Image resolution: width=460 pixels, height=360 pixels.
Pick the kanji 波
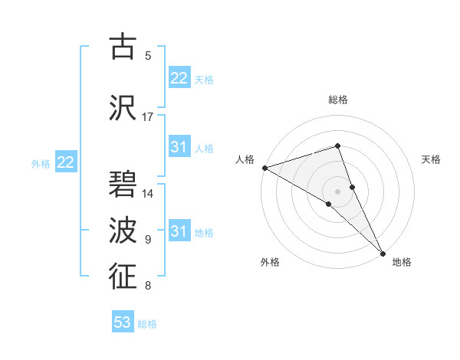pos(123,229)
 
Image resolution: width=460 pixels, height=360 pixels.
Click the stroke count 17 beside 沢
pos(148,117)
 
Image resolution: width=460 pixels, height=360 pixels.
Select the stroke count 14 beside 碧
pos(148,194)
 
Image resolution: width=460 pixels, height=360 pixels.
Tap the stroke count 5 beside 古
pos(148,55)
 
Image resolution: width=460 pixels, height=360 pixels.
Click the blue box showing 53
pos(123,322)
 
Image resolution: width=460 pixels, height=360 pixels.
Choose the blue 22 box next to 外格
pos(65,162)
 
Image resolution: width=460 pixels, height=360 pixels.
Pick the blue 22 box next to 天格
pos(179,78)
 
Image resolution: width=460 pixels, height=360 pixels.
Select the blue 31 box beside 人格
pos(179,147)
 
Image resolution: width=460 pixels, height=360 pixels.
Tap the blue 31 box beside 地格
pos(179,231)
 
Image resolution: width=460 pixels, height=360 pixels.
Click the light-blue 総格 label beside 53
pos(147,324)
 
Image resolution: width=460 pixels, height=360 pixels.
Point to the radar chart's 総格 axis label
pos(338,100)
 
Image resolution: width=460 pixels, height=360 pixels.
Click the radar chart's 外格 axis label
pos(270,262)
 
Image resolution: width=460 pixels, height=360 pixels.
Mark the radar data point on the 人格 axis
pos(264,167)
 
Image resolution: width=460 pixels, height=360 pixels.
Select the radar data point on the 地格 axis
pos(383,252)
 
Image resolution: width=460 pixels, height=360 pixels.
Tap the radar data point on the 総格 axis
pos(337,146)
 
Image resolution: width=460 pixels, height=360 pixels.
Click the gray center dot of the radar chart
pos(337,190)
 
